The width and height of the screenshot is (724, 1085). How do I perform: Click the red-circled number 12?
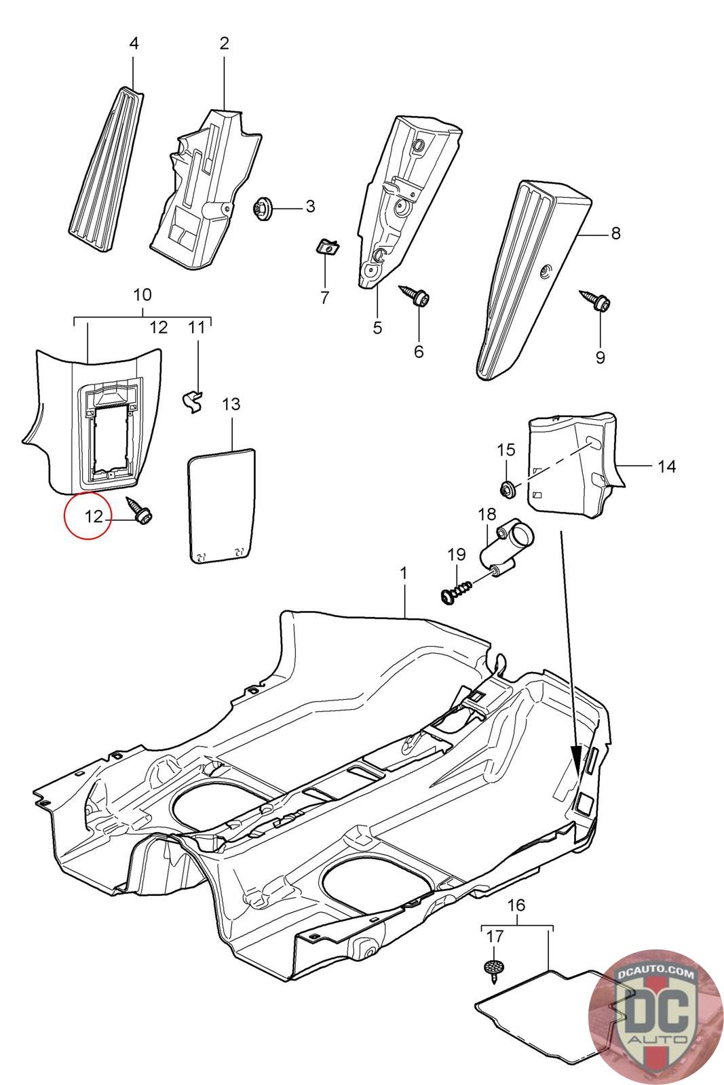(94, 516)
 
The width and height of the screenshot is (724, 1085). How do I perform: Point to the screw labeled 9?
(595, 300)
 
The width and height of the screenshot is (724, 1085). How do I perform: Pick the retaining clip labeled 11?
(195, 400)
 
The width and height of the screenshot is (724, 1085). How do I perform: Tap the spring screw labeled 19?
(457, 593)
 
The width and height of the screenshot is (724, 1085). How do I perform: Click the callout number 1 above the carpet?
(404, 574)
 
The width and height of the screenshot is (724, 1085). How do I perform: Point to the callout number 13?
(231, 404)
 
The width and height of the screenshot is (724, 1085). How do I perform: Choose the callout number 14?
(666, 467)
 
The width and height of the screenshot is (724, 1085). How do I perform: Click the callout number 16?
(516, 905)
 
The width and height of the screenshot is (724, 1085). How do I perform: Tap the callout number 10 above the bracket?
(142, 294)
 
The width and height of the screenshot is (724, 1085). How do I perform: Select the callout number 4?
(134, 43)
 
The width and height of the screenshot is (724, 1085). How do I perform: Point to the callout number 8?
(615, 233)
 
